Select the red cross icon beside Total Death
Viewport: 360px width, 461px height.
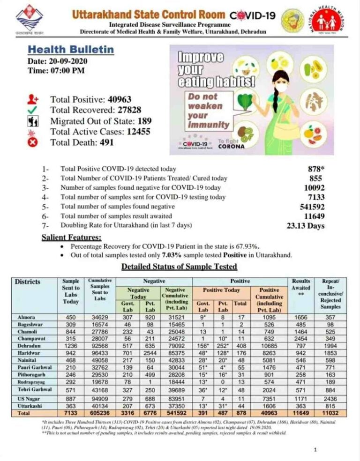coord(33,142)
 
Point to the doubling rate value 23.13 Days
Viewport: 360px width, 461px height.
coord(305,226)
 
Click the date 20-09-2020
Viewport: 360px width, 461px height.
coord(67,61)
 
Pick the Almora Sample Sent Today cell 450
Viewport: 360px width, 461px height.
coord(71,317)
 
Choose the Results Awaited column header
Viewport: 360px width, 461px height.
coord(301,288)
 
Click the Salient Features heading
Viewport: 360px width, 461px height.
coord(72,237)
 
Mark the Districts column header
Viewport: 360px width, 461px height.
coord(28,282)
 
